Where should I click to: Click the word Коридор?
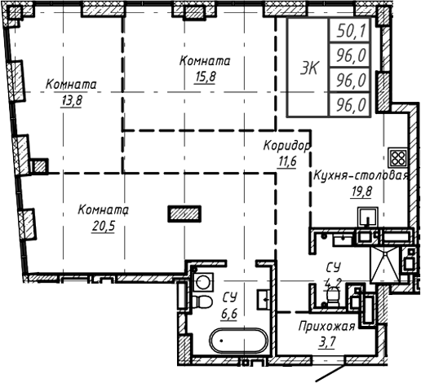coord(286,147)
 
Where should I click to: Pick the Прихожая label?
coord(326,328)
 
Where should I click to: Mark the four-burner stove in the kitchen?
coord(398,157)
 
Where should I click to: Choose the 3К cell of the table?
coord(308,68)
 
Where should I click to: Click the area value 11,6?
coord(286,160)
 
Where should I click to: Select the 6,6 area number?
coord(231,311)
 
